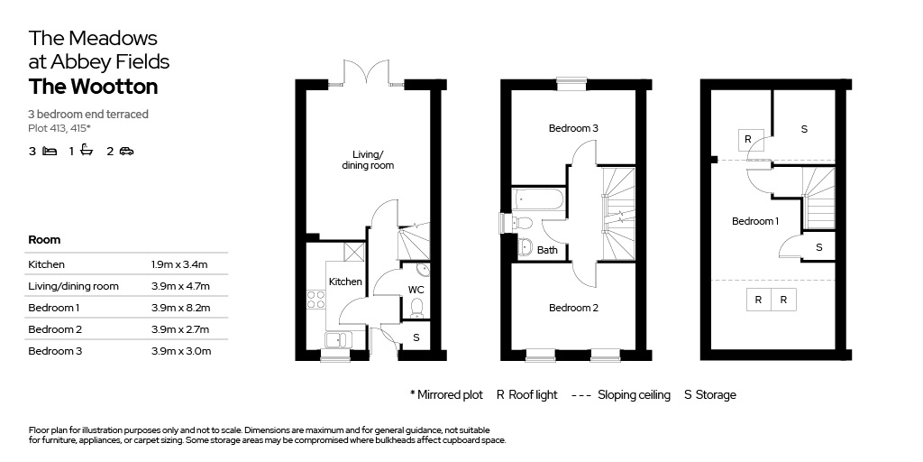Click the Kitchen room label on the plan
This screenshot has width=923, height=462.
click(x=345, y=282)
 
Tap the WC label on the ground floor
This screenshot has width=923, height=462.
click(x=416, y=290)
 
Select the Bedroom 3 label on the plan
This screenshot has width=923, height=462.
click(x=573, y=128)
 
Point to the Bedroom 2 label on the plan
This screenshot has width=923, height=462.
click(x=573, y=308)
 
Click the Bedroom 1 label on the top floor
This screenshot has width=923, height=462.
click(x=755, y=221)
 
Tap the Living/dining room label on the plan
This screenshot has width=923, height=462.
click(x=368, y=161)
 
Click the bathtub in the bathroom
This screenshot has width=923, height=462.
click(x=538, y=199)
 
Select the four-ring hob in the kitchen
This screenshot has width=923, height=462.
click(x=316, y=300)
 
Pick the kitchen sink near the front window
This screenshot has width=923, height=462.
click(x=338, y=340)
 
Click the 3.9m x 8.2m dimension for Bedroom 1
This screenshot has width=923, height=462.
click(x=180, y=308)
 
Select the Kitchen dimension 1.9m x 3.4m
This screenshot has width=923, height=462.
click(x=179, y=264)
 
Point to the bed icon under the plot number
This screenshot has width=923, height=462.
click(x=50, y=152)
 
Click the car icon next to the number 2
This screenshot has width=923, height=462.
click(x=126, y=152)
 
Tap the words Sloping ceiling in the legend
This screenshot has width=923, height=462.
click(x=634, y=395)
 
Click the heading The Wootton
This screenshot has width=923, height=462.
click(x=93, y=87)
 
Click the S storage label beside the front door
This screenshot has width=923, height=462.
click(x=416, y=337)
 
